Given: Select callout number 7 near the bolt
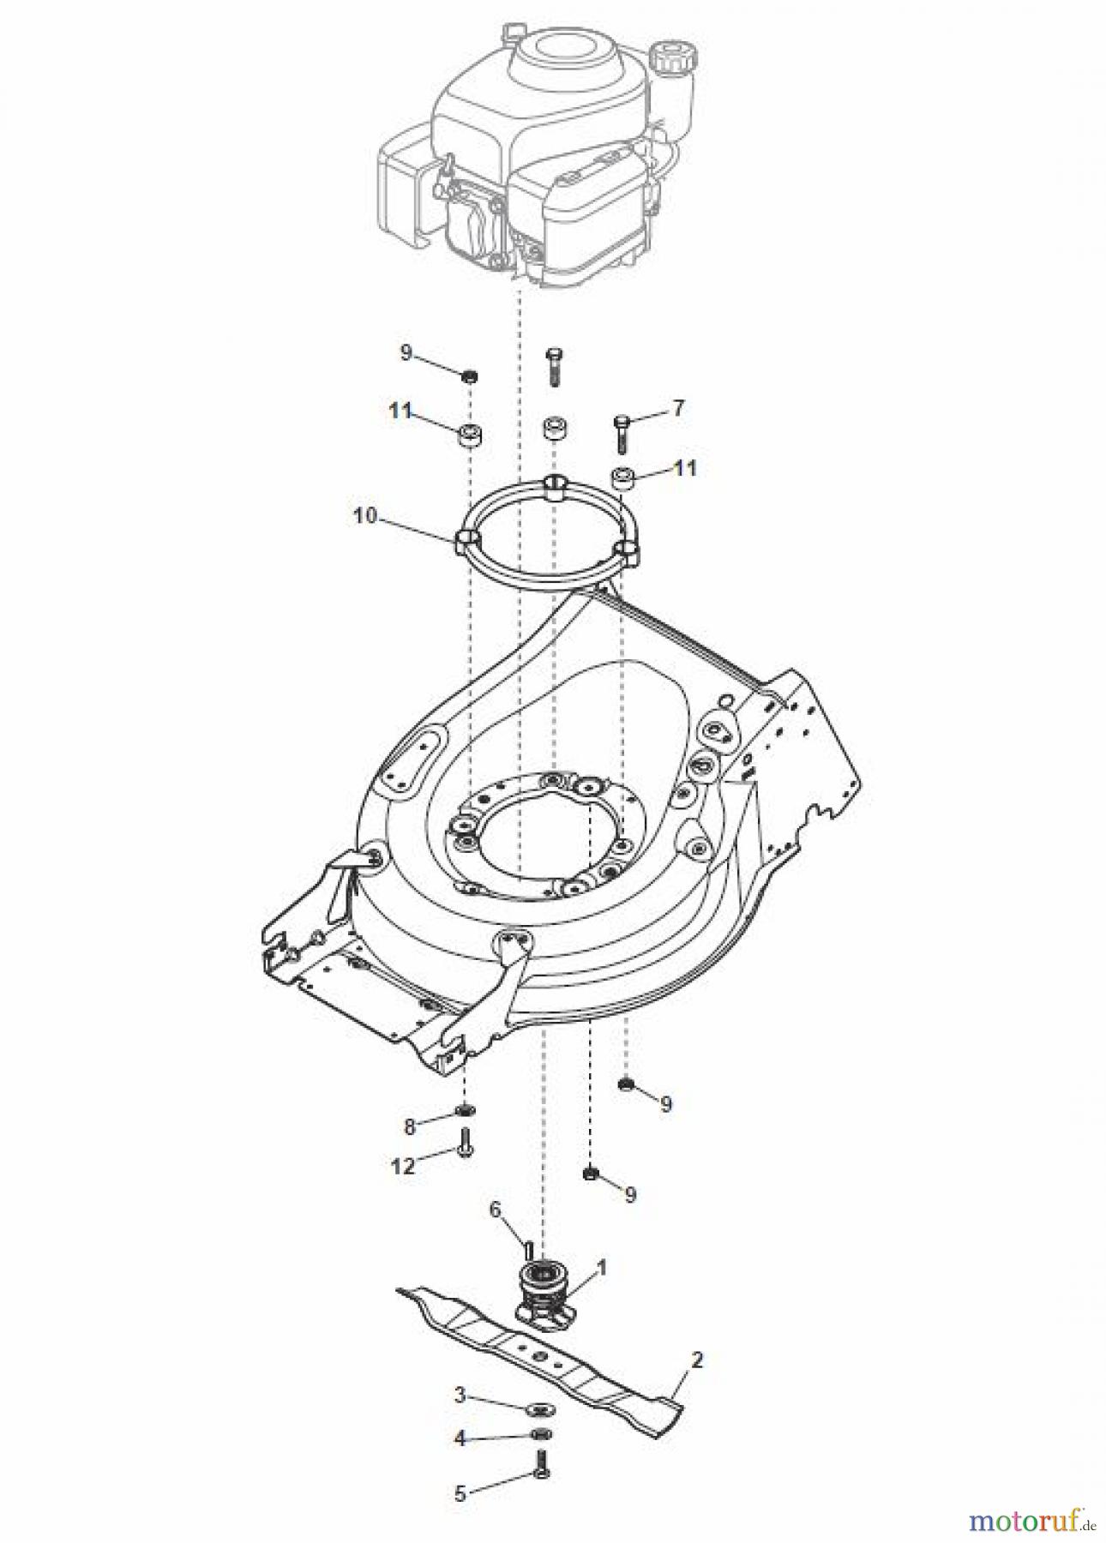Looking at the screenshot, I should (677, 409).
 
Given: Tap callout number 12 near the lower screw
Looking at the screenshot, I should (403, 1165).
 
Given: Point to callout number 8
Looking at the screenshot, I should (409, 1126).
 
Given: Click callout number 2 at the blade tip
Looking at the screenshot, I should (696, 1360).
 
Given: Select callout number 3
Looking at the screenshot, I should (460, 1396).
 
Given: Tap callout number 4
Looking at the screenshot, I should (460, 1438).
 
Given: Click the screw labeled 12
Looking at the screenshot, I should (466, 1144).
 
